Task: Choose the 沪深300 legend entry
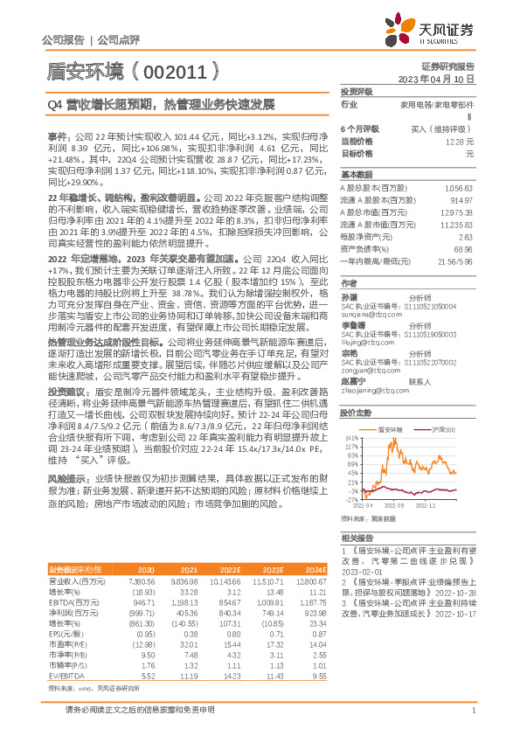(442, 430)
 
